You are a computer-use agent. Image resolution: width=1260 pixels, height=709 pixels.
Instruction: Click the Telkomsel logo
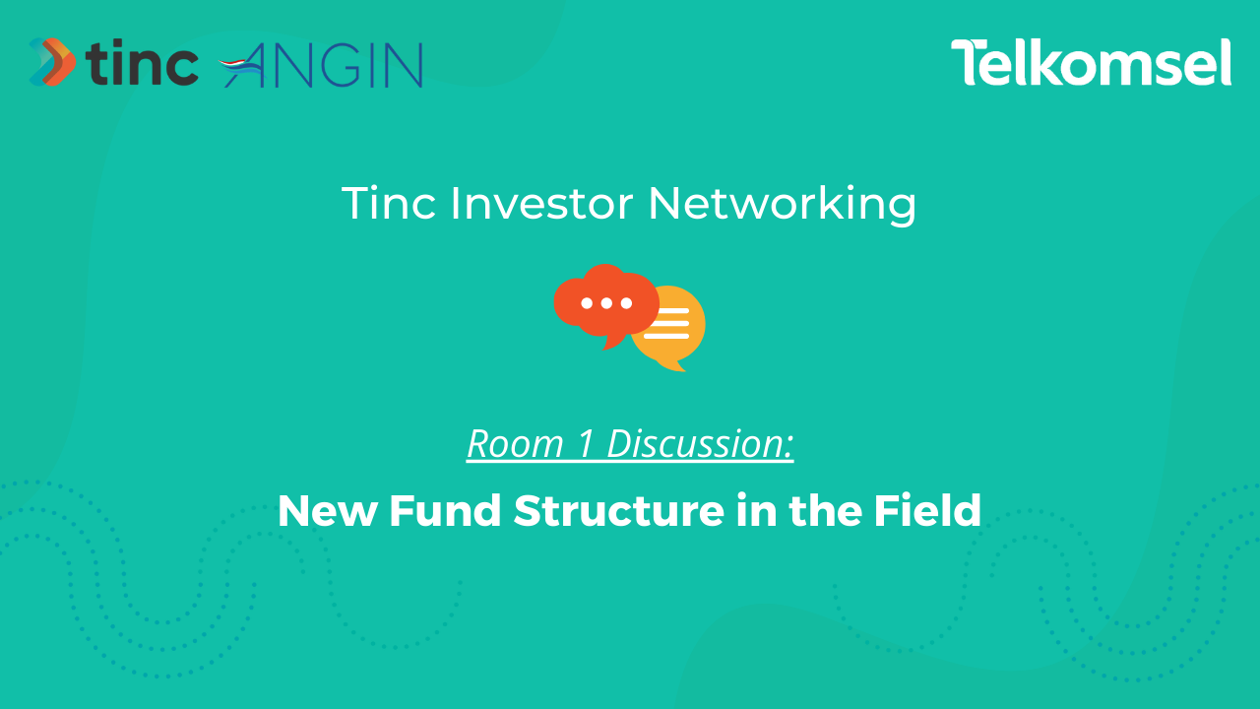tap(1092, 62)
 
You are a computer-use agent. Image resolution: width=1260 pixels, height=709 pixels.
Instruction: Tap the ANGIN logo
tap(321, 65)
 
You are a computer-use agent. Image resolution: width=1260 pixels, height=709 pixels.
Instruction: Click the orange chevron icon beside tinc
tap(52, 62)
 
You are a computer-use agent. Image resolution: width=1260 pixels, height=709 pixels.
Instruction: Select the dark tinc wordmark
tap(142, 62)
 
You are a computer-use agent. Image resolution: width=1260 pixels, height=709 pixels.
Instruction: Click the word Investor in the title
tap(541, 203)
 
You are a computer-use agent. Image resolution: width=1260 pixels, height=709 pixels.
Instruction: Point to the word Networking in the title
tap(783, 205)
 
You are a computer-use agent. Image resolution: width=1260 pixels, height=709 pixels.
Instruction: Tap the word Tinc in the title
tap(389, 203)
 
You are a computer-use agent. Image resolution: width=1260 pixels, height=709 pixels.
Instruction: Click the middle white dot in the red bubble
tap(606, 303)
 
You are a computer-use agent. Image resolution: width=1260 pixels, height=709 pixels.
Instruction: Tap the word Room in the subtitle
tap(515, 444)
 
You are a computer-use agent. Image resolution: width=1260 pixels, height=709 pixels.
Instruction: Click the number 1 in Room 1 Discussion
tap(585, 444)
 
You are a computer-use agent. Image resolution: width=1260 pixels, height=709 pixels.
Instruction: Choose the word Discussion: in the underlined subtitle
tap(700, 444)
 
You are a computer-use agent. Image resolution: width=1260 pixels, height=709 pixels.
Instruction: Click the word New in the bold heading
tap(327, 511)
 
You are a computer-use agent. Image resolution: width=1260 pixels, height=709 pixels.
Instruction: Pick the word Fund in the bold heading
tap(445, 510)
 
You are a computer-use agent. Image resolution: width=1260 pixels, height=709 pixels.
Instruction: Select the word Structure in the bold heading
tap(619, 511)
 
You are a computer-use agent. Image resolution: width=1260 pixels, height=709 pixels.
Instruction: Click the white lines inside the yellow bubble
tap(667, 324)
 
